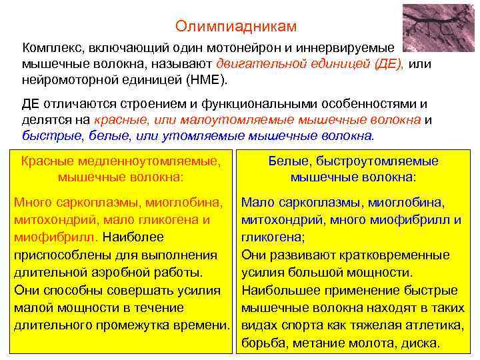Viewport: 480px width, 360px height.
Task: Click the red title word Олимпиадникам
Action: point(236,26)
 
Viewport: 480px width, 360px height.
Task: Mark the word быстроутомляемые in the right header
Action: point(377,161)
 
